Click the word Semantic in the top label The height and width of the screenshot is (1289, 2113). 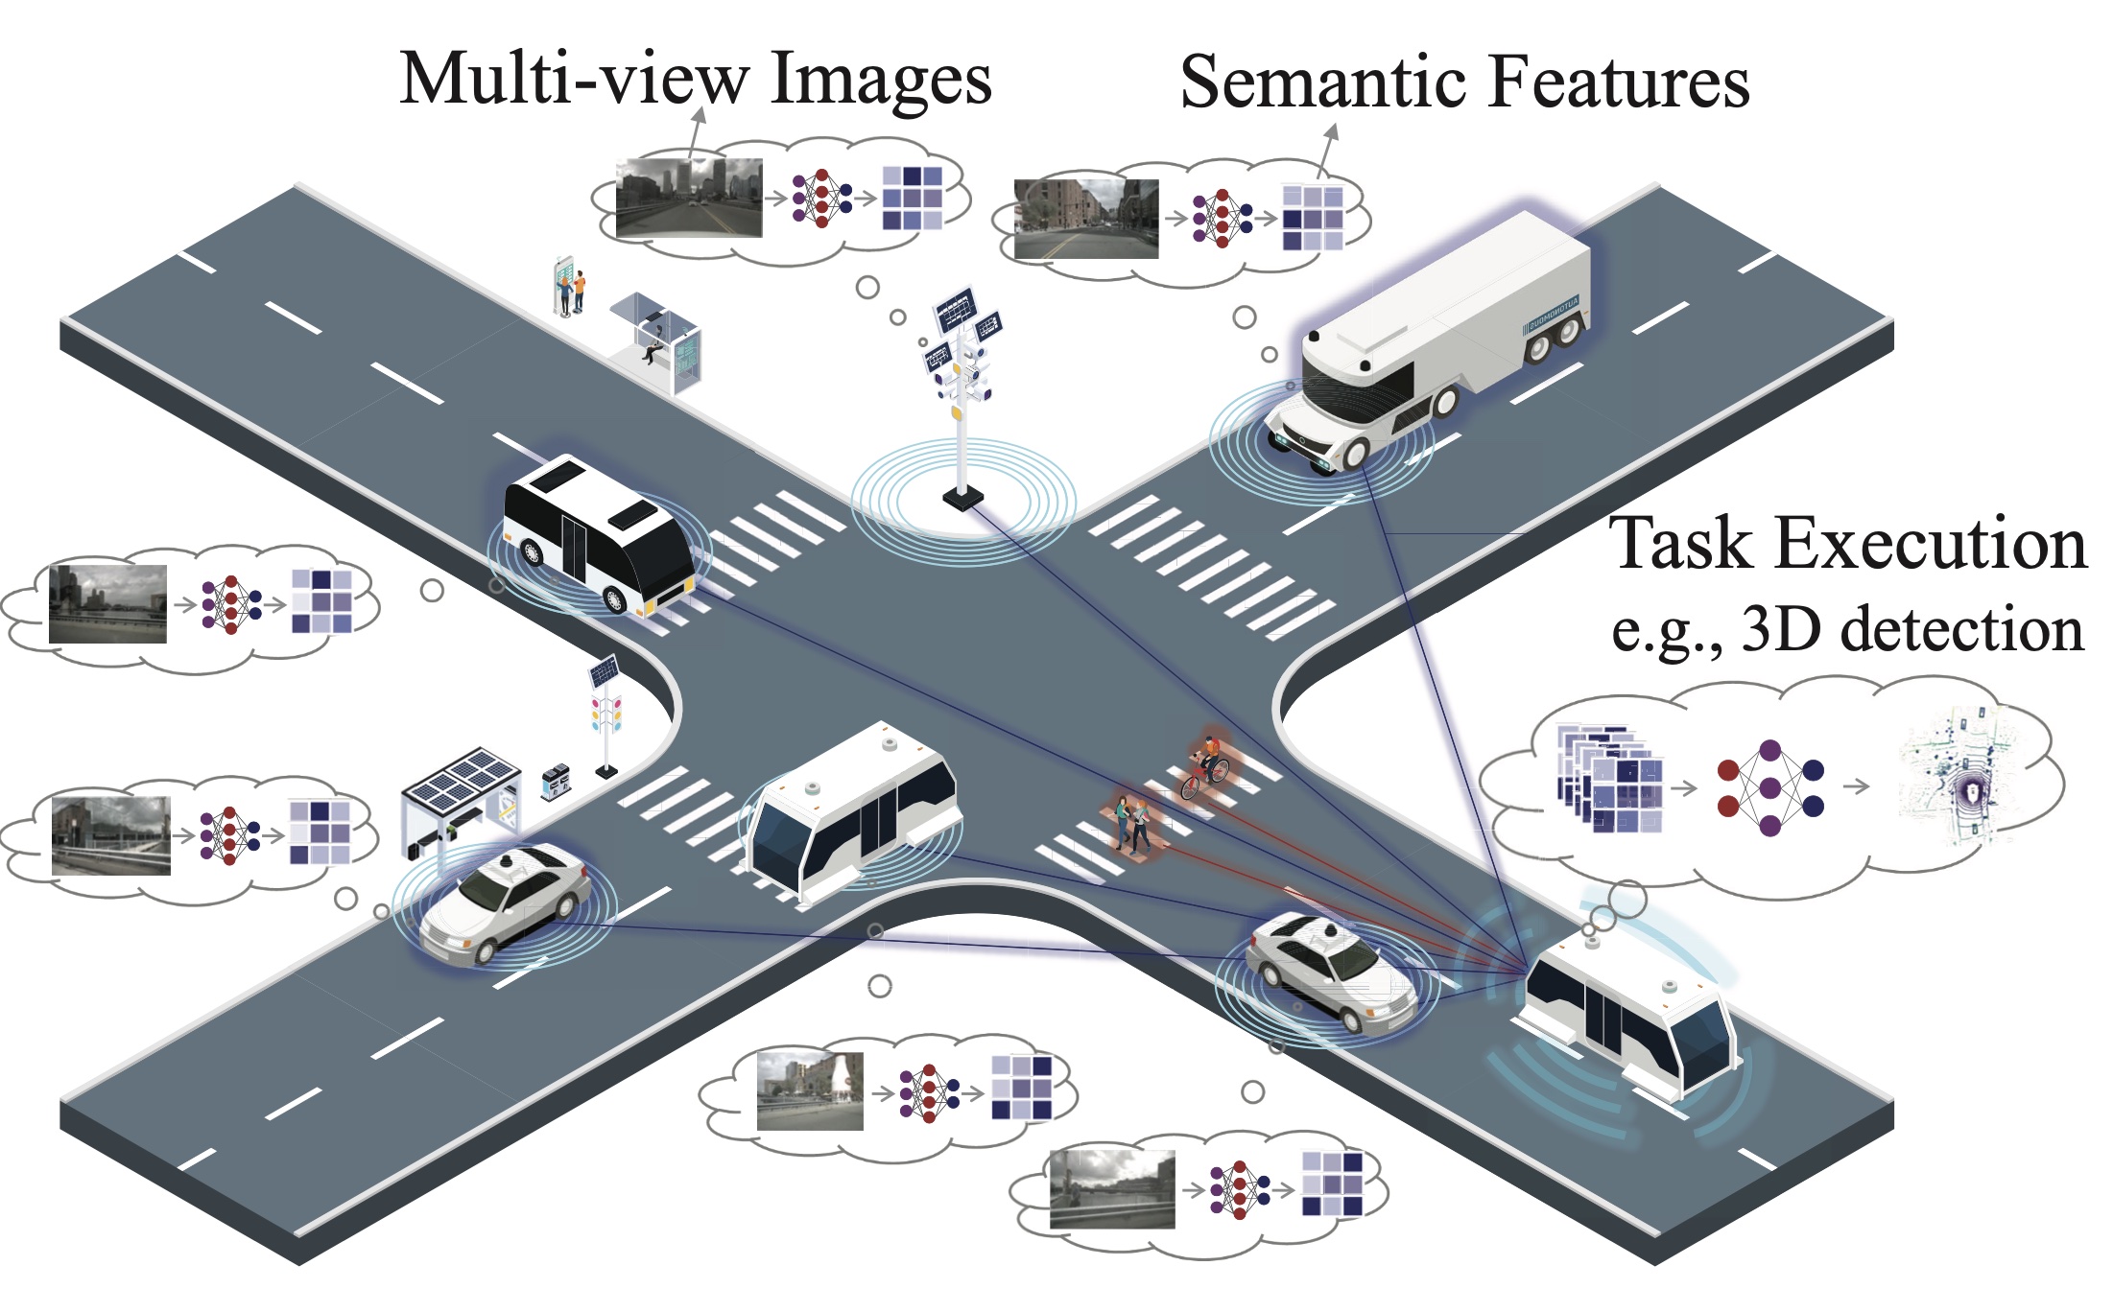(x=1325, y=82)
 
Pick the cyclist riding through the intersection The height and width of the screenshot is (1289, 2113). (x=1207, y=767)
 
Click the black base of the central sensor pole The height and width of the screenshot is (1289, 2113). (x=962, y=498)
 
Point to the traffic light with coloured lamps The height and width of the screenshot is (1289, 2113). (x=606, y=715)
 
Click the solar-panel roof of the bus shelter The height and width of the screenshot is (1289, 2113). (x=461, y=777)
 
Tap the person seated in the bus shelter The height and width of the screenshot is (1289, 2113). (x=654, y=343)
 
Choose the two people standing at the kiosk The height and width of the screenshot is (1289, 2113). (x=573, y=290)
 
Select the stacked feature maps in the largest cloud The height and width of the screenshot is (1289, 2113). (x=1610, y=779)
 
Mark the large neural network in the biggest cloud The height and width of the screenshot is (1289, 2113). (x=1770, y=786)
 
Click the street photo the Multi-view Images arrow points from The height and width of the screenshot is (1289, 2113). (x=688, y=199)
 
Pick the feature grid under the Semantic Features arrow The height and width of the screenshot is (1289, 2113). (x=1313, y=218)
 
